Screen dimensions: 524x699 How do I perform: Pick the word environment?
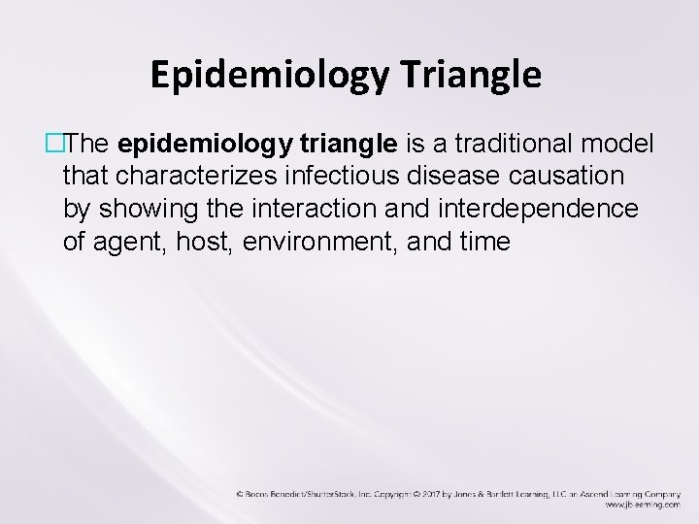click(x=309, y=242)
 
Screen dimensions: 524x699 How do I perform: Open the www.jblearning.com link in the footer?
click(x=642, y=506)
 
